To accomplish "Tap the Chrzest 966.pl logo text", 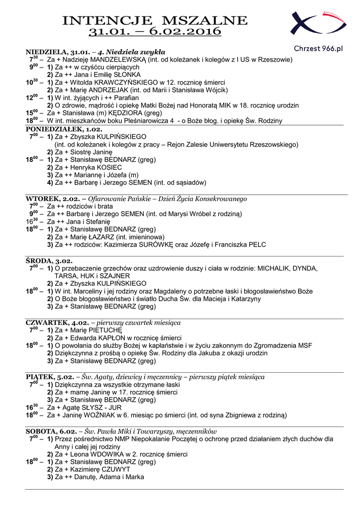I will [x=318, y=48].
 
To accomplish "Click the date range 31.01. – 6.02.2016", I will [x=156, y=32].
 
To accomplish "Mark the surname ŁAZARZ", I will [x=104, y=237].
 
